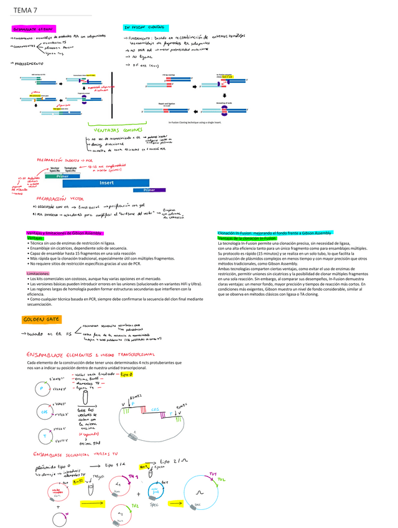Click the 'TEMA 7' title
pyautogui.click(x=23, y=10)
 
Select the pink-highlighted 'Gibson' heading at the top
pyautogui.click(x=32, y=29)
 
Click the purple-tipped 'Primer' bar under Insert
pyautogui.click(x=150, y=190)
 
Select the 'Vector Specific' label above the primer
pyautogui.click(x=55, y=169)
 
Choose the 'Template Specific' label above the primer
pyautogui.click(x=71, y=169)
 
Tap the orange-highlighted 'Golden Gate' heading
pyautogui.click(x=40, y=320)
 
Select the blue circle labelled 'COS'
pyautogui.click(x=43, y=412)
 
